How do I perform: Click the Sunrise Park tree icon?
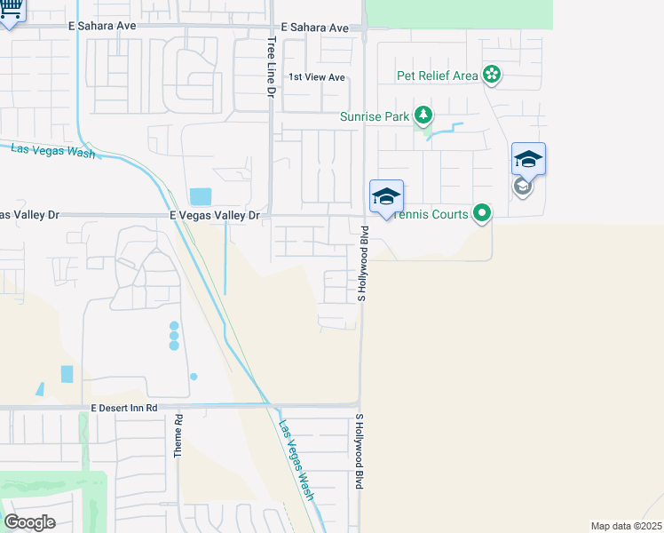[x=424, y=116]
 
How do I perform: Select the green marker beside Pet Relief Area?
[x=491, y=75]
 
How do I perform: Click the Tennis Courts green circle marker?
[x=481, y=213]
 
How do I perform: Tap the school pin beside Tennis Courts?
[x=386, y=197]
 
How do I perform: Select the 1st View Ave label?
[x=317, y=77]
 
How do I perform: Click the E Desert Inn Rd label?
[x=124, y=408]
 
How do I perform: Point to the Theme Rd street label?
[x=178, y=436]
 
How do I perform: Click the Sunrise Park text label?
[x=375, y=116]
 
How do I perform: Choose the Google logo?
[x=29, y=522]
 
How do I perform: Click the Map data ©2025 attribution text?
[x=627, y=526]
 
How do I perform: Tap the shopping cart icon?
[x=12, y=11]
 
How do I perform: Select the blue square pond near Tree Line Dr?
[x=201, y=196]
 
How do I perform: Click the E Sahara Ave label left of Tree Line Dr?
[x=102, y=27]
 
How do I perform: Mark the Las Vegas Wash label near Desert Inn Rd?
[x=296, y=460]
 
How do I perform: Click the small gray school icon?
[x=523, y=187]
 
